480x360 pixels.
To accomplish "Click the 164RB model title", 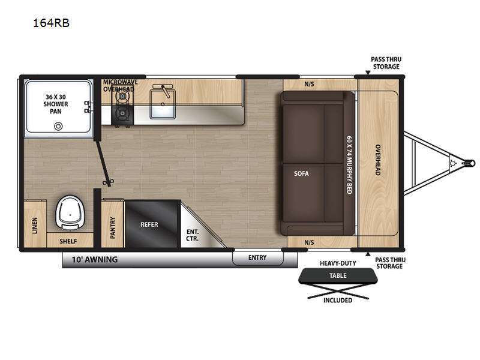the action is click(51, 23).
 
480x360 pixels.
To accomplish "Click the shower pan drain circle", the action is click(58, 126).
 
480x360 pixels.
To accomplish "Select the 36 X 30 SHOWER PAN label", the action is click(56, 104).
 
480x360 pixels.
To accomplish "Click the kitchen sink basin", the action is click(163, 104).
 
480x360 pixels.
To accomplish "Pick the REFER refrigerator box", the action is click(152, 224).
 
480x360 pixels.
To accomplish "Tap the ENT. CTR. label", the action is click(192, 235).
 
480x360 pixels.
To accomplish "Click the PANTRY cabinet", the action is click(112, 224).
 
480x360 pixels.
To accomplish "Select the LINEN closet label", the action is click(35, 226).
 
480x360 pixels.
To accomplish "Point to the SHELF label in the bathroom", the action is click(68, 241).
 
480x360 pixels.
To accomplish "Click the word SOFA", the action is click(302, 173).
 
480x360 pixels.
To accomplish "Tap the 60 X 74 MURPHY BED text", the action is click(349, 165).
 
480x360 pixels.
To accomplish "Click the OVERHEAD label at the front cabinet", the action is click(378, 160).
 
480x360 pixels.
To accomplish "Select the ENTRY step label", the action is click(257, 258).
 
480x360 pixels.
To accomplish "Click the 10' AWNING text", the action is click(95, 260).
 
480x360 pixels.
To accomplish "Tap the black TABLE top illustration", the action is click(338, 275).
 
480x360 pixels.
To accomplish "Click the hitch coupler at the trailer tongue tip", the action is click(470, 163).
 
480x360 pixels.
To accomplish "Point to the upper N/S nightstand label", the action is click(309, 84).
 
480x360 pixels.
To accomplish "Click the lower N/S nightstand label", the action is click(309, 242).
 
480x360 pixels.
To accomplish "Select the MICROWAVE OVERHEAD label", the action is click(121, 86).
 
